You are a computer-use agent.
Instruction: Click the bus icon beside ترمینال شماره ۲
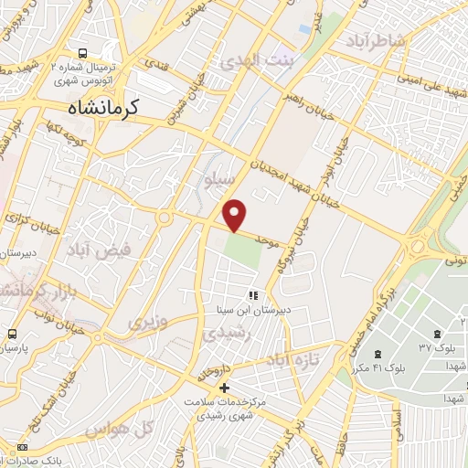point(83,54)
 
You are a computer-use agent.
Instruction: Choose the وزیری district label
point(148,322)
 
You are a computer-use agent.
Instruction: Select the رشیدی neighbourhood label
point(226,335)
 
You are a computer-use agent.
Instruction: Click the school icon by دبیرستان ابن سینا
point(253,295)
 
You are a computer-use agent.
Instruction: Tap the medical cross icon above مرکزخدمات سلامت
point(225,388)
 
